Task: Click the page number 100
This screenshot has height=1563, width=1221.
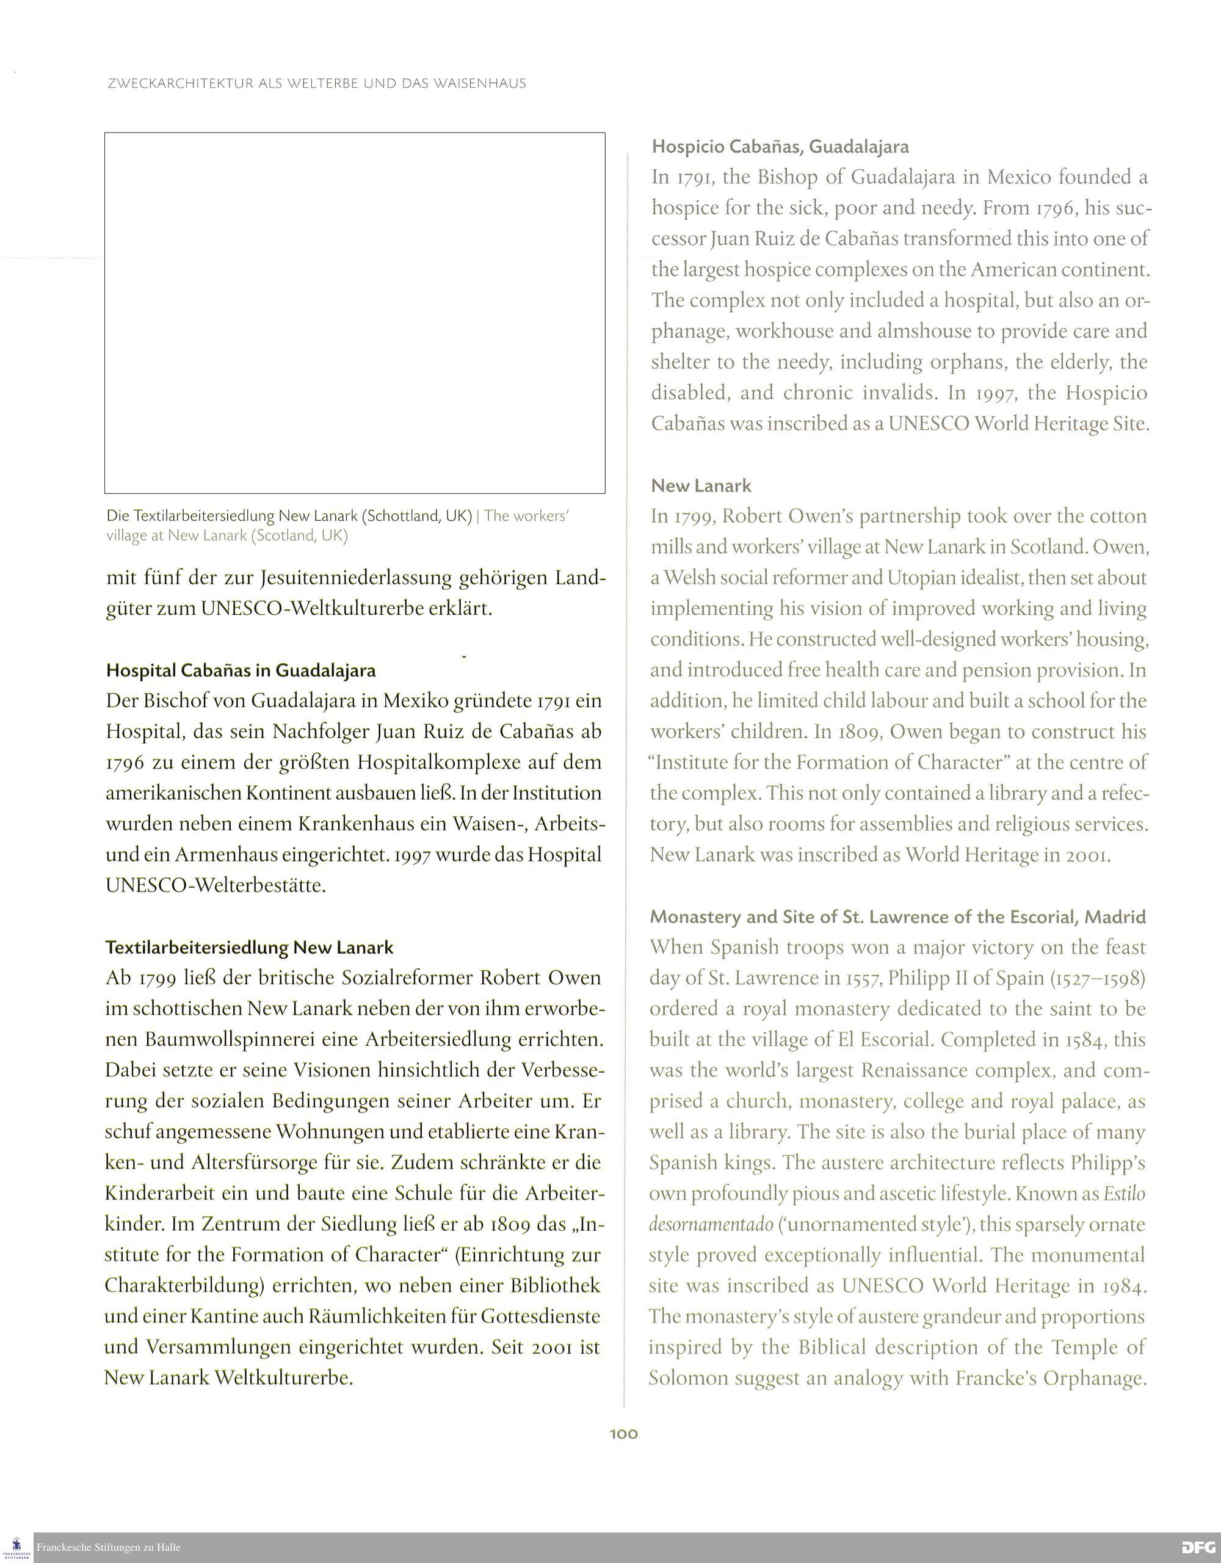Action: (623, 1434)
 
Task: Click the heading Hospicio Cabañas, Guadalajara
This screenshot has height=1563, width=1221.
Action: (780, 147)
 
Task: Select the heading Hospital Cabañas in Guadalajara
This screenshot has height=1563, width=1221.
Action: (241, 670)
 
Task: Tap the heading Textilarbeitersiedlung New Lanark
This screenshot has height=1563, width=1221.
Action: (249, 947)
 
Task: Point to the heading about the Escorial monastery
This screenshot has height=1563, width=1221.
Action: (897, 917)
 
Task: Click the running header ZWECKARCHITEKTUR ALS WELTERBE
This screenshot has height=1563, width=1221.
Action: (316, 84)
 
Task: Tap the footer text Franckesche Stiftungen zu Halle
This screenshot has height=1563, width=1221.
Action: (109, 1547)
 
